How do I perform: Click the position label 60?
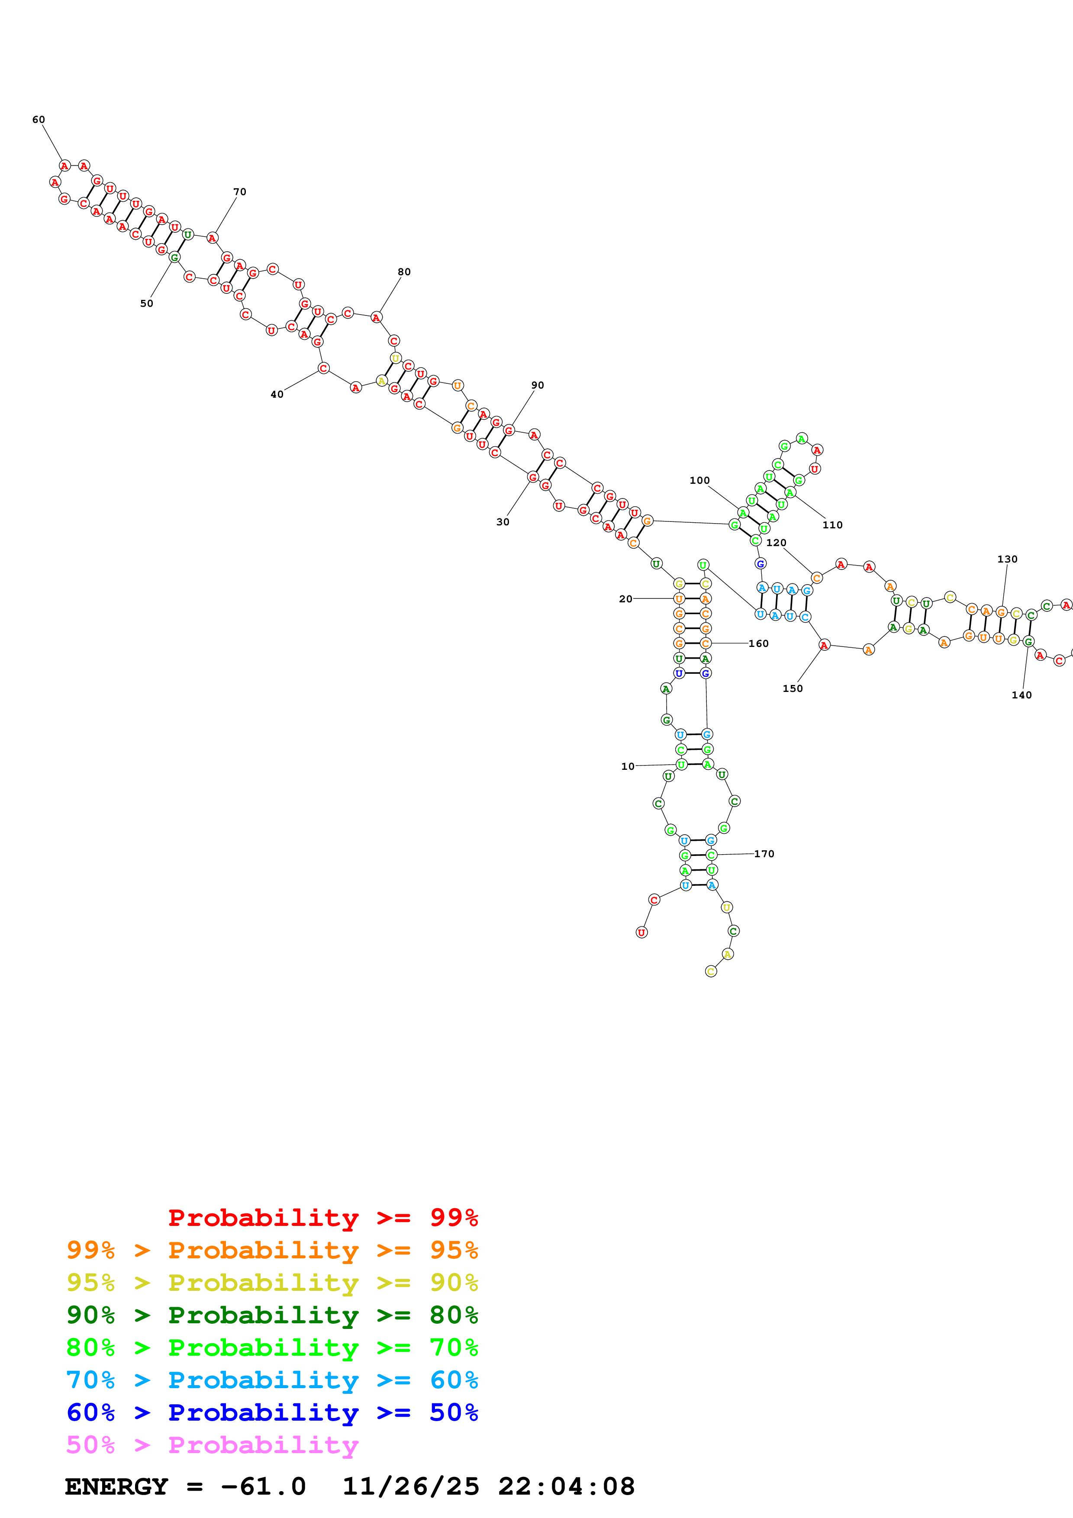(x=39, y=120)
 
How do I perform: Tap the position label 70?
(x=239, y=192)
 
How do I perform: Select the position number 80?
(x=404, y=272)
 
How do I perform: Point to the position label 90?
(x=538, y=385)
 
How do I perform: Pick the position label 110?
(x=832, y=524)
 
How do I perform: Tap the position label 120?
(x=776, y=542)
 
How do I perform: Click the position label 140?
(x=1021, y=695)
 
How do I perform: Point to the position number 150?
(x=793, y=688)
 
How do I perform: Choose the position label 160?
(x=758, y=643)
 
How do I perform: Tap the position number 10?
(x=628, y=766)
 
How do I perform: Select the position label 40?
(x=277, y=394)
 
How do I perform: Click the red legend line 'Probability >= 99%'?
(x=322, y=1217)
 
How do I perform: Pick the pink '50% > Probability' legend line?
(x=212, y=1444)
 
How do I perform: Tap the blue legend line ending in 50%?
(x=272, y=1412)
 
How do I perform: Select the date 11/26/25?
(x=411, y=1486)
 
